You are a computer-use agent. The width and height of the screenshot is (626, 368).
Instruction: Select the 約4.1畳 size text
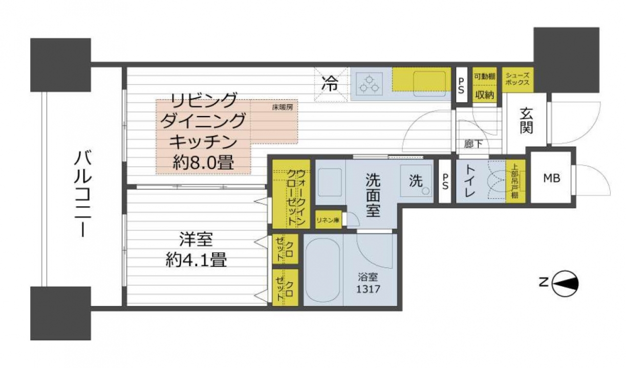point(196,260)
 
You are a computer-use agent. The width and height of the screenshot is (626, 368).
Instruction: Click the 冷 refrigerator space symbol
point(330,83)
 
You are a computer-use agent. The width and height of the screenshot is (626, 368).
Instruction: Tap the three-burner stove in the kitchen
point(370,83)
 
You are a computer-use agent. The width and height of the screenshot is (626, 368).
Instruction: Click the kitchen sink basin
point(429,84)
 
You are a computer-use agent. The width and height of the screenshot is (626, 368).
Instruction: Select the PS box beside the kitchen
point(461,85)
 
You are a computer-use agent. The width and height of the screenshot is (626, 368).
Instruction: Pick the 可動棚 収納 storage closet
point(485,85)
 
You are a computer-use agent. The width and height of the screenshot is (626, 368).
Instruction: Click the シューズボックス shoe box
point(517,80)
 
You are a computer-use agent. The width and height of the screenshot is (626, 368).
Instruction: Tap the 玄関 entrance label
point(526,121)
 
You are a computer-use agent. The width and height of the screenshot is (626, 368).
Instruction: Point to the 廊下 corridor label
point(473,144)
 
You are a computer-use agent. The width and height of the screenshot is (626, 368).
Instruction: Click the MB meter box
point(551,178)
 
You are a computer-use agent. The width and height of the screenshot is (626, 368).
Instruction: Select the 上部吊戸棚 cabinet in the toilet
point(515,181)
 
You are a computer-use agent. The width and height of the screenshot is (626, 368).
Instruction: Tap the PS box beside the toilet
point(445,181)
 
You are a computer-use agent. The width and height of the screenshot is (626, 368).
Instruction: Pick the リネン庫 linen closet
point(328,220)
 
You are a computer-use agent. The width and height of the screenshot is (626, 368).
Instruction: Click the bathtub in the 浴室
point(323,269)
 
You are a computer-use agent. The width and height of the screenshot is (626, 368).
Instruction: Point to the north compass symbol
point(565,284)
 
